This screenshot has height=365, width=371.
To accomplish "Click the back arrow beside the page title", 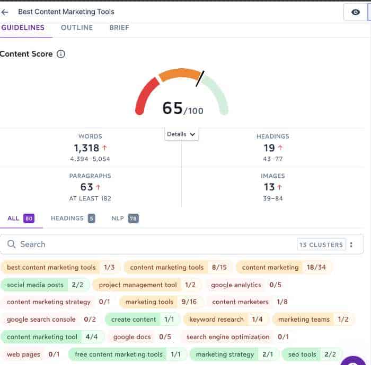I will coord(5,12).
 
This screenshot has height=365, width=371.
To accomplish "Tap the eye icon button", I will coord(356,12).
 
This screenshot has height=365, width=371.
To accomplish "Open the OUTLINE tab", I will coord(77,28).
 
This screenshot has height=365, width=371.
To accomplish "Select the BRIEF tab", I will coord(119,28).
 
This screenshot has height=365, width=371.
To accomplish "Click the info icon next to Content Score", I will coord(61,54).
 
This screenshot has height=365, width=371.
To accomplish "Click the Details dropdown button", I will coord(181,134).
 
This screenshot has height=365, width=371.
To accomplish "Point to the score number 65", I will coord(173,108).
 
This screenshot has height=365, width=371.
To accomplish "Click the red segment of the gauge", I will coord(146,95).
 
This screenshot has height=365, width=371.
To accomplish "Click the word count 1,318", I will coord(87,149).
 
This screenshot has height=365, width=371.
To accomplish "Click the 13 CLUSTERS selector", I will coord(322,244).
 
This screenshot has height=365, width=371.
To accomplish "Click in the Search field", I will coord(148,244).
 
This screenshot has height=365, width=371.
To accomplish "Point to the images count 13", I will coord(269,187).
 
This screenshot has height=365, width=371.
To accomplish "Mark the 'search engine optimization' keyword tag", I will coord(236,337).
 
